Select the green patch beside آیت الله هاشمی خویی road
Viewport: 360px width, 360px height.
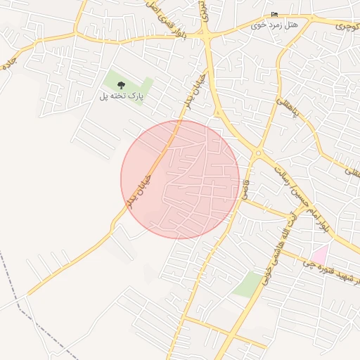coord(247,284)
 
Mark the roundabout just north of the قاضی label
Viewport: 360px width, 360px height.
coord(258,152)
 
